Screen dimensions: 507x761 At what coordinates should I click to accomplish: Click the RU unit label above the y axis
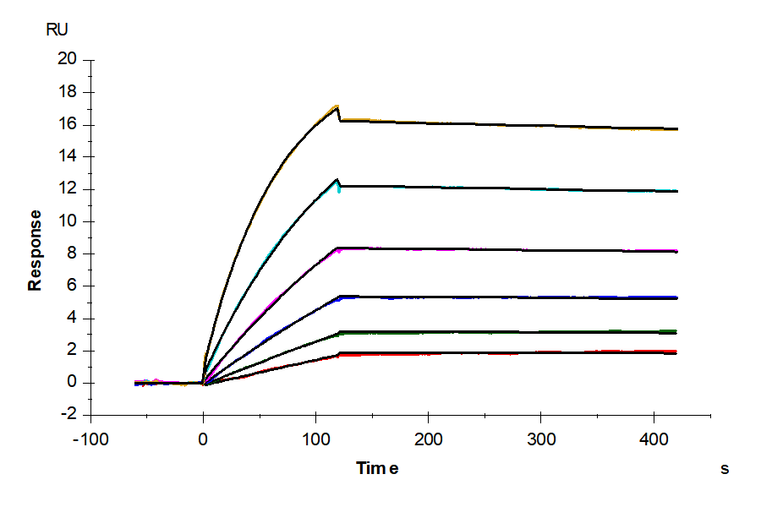coord(57,30)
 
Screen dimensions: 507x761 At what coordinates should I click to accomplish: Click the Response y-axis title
coord(36,250)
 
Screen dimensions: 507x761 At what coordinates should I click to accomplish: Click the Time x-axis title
coord(377,468)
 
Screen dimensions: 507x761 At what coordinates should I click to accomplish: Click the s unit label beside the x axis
coord(724,468)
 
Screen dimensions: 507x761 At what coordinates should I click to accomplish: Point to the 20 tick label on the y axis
coord(67,59)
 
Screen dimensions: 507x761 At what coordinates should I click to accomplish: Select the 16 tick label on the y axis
coord(67,124)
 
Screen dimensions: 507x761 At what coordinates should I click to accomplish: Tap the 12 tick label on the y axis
coord(67,189)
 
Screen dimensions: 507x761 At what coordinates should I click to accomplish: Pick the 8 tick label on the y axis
coord(71,253)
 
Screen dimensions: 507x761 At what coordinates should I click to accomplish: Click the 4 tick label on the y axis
coord(71,319)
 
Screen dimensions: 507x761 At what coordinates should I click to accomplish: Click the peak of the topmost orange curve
coord(337,106)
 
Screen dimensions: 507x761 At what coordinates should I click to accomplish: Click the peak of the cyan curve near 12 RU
coord(337,179)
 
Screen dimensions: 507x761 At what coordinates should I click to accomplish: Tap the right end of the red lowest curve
coord(677,352)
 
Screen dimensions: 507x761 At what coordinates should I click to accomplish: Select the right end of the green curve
coord(677,331)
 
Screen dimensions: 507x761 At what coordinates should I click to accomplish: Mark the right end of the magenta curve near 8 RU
coord(677,251)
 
